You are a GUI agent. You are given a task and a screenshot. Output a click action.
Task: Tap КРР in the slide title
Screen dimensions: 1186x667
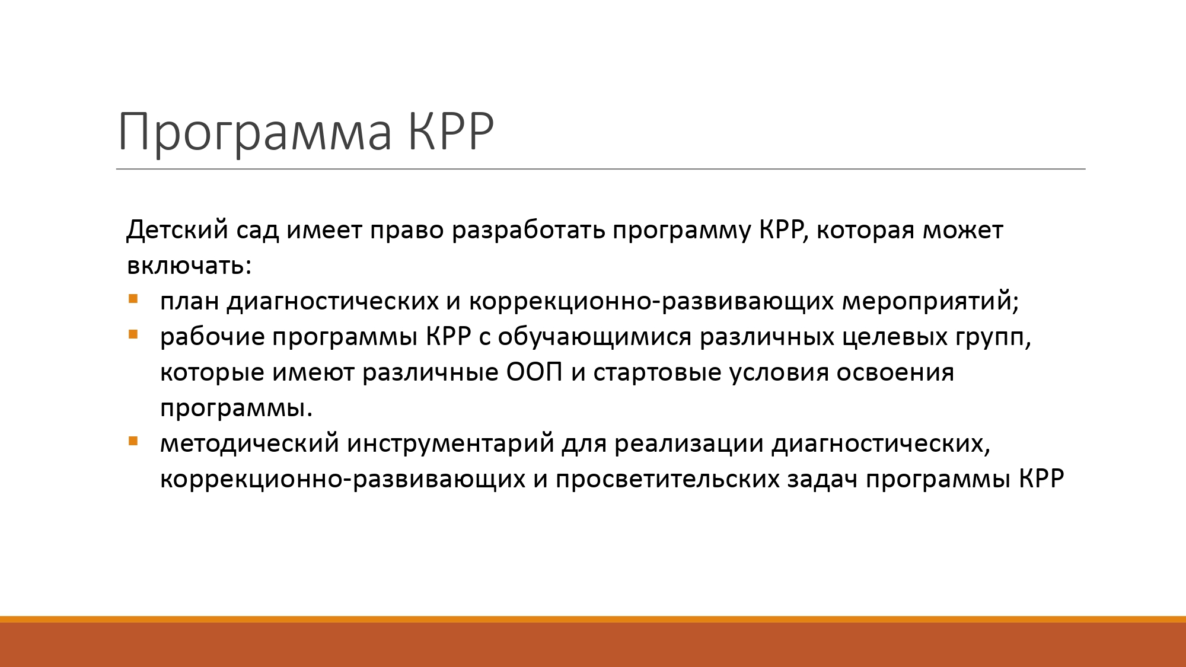(451, 130)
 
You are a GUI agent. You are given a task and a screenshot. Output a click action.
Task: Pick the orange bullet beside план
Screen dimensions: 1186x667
(133, 299)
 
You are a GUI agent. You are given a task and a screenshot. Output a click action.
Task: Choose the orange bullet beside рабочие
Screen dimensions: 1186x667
(133, 334)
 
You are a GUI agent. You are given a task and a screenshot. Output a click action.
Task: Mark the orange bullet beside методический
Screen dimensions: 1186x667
(133, 441)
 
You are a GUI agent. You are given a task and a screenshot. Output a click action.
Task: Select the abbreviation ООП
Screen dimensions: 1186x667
(534, 372)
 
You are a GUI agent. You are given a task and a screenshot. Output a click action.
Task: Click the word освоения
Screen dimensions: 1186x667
(895, 372)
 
